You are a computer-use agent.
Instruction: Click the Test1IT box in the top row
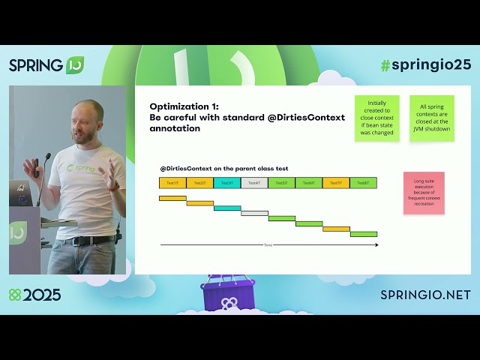(x=172, y=183)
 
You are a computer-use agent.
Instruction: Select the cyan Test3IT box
(x=227, y=183)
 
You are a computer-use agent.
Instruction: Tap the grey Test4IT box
(x=254, y=183)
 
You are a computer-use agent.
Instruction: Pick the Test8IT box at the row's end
(x=363, y=183)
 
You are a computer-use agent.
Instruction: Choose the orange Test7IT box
(x=336, y=183)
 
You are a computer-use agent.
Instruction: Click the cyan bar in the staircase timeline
(x=227, y=208)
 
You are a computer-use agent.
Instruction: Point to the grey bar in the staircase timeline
(x=254, y=213)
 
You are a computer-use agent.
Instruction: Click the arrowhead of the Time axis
(x=376, y=244)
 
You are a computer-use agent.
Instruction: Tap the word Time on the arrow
(x=268, y=245)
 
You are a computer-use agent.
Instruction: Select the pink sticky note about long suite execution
(x=424, y=193)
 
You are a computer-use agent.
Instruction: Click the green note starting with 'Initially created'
(x=376, y=118)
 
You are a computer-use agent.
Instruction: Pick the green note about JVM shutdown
(x=431, y=118)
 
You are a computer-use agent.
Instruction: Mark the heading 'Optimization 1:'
(x=184, y=106)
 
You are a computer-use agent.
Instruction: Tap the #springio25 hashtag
(x=425, y=64)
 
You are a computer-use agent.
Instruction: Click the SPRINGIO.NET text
(x=425, y=295)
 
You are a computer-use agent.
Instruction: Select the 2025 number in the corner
(x=41, y=295)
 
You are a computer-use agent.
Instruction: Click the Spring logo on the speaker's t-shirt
(x=81, y=169)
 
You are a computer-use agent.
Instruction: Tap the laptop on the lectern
(x=19, y=193)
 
